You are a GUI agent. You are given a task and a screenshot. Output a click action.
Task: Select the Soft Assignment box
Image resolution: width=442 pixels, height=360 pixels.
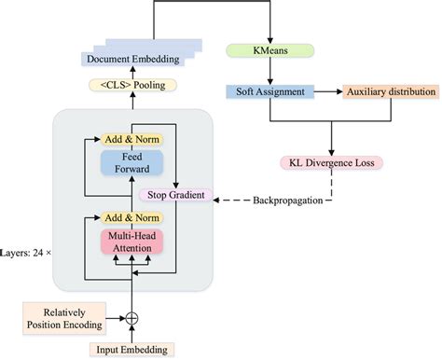point(269,92)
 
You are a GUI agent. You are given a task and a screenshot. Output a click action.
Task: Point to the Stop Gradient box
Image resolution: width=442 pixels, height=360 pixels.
point(175,196)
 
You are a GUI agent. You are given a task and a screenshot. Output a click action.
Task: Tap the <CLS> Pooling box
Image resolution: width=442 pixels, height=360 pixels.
point(131,86)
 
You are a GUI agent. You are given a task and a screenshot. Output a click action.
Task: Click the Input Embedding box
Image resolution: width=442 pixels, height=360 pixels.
point(131,350)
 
